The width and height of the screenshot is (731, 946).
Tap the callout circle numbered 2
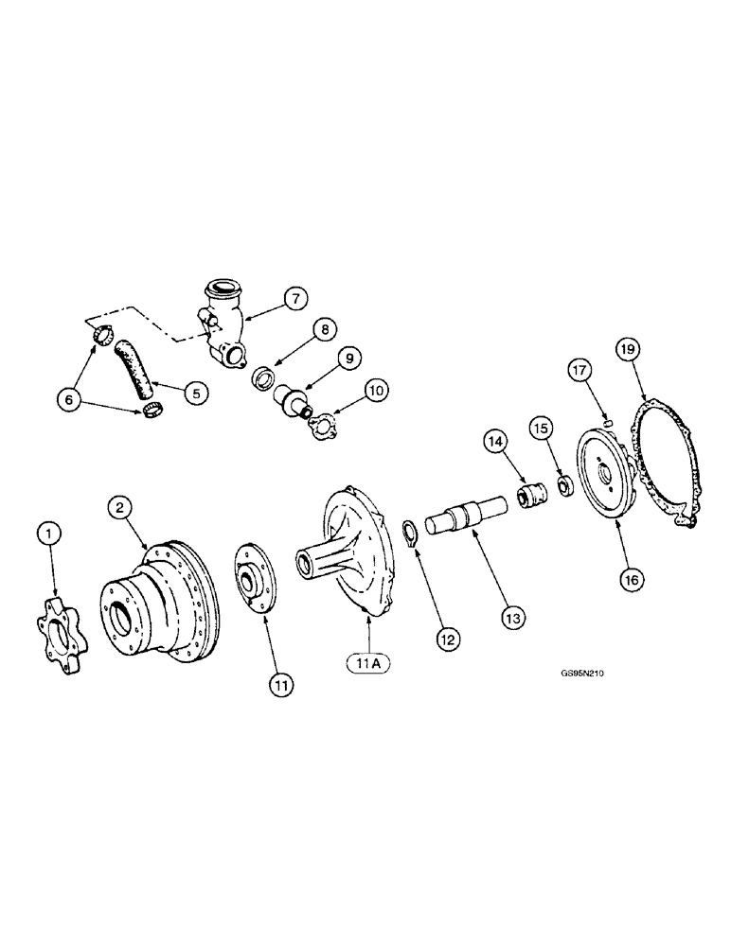(121, 509)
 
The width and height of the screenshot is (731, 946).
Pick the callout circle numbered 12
(448, 640)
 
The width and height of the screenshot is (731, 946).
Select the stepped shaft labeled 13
(465, 521)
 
